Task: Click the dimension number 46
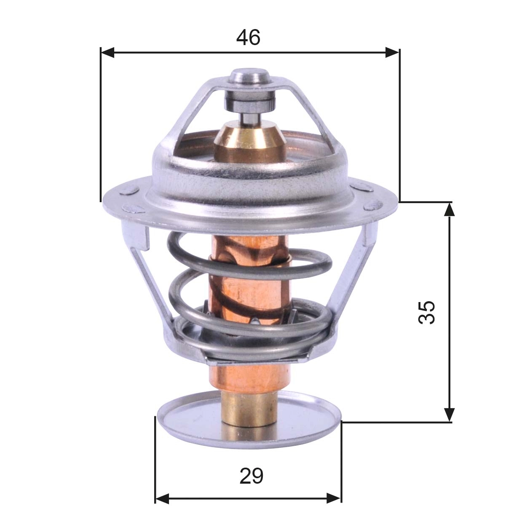coord(248,38)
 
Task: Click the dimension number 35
coord(426,312)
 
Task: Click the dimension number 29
coord(251,476)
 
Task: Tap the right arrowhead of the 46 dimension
coord(392,53)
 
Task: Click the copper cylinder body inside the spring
coord(249,286)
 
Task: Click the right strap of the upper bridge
coord(314,110)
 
